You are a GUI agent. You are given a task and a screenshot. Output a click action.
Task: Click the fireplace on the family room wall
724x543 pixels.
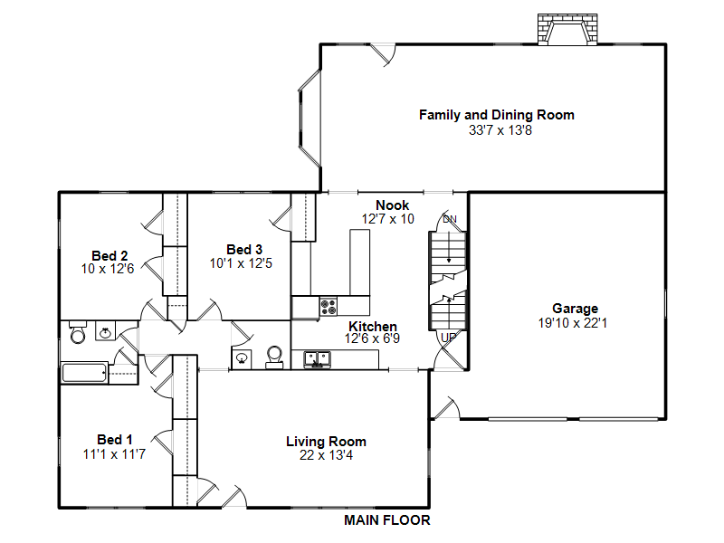tap(567, 30)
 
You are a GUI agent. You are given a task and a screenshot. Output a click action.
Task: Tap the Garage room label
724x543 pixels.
tap(575, 309)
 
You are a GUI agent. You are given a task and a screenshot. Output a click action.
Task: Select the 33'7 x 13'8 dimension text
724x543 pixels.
tap(500, 130)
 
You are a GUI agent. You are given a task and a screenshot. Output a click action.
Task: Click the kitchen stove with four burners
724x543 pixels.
tap(329, 307)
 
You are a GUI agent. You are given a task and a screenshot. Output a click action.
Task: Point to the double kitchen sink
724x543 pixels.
tap(317, 359)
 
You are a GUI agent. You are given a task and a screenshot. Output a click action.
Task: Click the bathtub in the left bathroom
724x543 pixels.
tap(84, 373)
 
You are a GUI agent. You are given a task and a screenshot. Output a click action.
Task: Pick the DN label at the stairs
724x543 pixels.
tap(449, 219)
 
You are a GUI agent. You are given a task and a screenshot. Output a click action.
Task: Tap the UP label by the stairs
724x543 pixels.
tap(448, 338)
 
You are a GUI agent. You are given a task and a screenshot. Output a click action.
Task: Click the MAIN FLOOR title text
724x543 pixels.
tap(387, 520)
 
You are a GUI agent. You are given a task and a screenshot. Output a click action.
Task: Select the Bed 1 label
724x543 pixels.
tap(115, 440)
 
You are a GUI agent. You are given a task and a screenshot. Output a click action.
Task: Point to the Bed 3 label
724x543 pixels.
tap(244, 250)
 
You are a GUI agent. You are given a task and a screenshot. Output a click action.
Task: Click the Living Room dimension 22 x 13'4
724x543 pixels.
tap(326, 455)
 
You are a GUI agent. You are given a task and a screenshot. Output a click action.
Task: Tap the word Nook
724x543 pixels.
tap(393, 205)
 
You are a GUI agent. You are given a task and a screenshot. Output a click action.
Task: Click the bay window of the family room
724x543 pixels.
tap(310, 119)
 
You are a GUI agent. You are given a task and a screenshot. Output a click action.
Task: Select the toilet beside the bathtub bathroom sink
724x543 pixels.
tap(78, 332)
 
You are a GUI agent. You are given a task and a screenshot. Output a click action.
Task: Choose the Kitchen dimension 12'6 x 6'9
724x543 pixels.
tap(372, 338)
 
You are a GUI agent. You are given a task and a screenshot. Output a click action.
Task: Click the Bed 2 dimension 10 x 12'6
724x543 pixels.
tap(108, 269)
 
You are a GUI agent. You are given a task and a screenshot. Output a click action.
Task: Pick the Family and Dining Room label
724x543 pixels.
tap(497, 115)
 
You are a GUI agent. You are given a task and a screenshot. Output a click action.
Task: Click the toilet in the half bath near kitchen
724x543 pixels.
tap(274, 357)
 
